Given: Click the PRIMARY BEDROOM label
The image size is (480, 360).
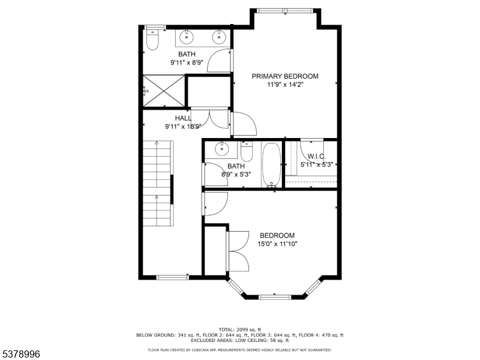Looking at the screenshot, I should (x=285, y=76).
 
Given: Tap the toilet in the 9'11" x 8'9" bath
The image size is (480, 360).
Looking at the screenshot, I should (x=152, y=40).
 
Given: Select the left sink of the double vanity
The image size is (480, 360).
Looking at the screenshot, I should (x=188, y=38).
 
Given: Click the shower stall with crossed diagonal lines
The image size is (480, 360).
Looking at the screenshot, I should (x=164, y=91).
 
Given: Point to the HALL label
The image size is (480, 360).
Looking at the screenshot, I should (x=183, y=118).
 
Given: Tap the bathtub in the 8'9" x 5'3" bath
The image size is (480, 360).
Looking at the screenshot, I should (x=271, y=165).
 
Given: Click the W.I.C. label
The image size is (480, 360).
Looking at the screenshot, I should (x=316, y=157).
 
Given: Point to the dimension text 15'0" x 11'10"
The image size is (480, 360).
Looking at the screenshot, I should (x=278, y=244).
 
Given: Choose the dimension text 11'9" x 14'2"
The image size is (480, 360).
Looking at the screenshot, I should (x=285, y=85).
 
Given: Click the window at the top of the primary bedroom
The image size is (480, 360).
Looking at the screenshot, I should (x=285, y=10).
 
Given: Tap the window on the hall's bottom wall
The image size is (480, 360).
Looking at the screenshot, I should (x=172, y=277).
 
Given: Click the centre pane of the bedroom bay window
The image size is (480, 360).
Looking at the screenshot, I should (x=275, y=296).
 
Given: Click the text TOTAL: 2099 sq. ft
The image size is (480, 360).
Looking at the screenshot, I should (x=239, y=330).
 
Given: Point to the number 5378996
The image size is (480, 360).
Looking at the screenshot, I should (x=21, y=355).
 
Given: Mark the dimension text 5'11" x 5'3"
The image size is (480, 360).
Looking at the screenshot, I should (x=316, y=164).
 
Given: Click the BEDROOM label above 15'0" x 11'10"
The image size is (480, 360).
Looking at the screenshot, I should (x=277, y=235).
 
